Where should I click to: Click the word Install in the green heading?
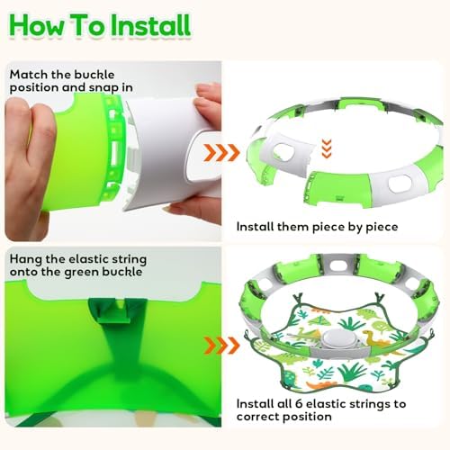[x=150, y=25]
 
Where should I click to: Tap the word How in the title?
[x=37, y=25]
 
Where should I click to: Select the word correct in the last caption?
[x=257, y=417]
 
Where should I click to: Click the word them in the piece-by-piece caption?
[x=292, y=227]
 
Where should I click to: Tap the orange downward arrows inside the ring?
[x=327, y=148]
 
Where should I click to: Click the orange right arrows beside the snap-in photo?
[x=221, y=152]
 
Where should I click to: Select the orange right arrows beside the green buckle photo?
[x=221, y=346]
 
